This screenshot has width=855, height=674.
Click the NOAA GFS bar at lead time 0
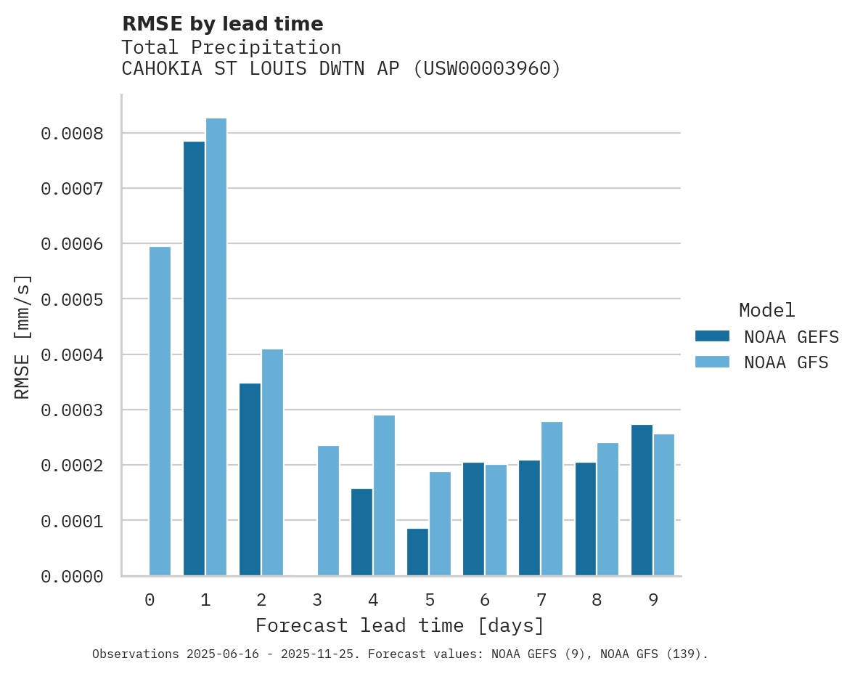[160, 411]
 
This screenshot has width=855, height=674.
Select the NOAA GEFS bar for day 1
[194, 358]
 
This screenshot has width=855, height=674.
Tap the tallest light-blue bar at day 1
[216, 346]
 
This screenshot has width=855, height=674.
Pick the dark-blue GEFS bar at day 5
[417, 552]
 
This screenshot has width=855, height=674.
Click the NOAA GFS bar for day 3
[328, 511]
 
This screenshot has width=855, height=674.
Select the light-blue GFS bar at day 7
[552, 498]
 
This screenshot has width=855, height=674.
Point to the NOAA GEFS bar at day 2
[250, 479]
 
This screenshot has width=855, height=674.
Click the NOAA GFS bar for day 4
[384, 495]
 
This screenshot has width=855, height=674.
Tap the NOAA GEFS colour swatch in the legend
[712, 336]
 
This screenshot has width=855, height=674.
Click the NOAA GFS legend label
[786, 362]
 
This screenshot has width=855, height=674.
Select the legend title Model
[766, 310]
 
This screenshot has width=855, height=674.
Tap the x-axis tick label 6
[485, 600]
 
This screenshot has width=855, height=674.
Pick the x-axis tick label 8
[597, 600]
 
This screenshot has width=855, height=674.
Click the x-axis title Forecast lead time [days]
[400, 625]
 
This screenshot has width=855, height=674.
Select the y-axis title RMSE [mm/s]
[22, 336]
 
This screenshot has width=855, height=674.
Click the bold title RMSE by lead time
[222, 24]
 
